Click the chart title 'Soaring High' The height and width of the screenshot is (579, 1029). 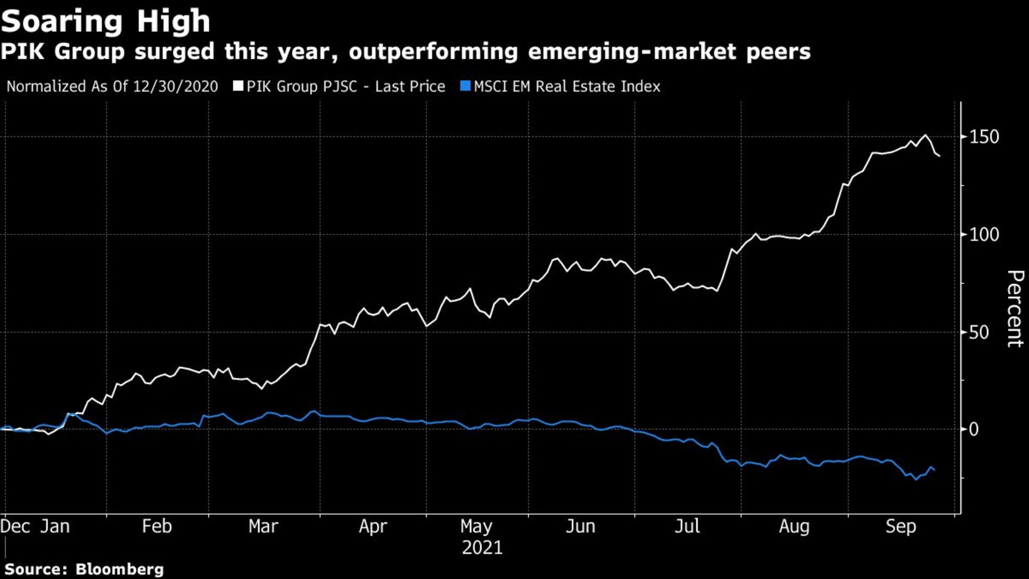coord(106,21)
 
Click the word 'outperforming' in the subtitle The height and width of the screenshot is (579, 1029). coord(433,52)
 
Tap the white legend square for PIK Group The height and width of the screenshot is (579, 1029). coord(238,86)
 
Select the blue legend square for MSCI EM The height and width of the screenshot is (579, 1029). coord(465,86)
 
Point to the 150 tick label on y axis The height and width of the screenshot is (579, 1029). coord(984,137)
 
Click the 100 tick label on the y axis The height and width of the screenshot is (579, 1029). coord(984,234)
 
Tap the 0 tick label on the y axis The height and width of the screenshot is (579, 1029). coord(974,429)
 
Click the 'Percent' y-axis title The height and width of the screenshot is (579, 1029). coord(1015,308)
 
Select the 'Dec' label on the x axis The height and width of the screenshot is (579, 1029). coord(15,526)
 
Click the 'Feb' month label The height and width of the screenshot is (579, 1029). coord(157,526)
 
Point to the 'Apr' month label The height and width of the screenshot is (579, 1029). coord(373,526)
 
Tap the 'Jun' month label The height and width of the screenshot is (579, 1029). coord(580,526)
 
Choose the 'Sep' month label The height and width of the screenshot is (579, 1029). coord(901,526)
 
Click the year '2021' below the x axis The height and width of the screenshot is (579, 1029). coord(482,547)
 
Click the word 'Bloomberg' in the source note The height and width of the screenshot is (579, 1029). coord(120,569)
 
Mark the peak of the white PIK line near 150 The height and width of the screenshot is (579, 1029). coord(925,135)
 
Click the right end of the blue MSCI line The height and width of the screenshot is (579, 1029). coord(934,470)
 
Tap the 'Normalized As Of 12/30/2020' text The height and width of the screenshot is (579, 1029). coord(112,86)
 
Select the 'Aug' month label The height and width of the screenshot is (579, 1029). coord(794,526)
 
